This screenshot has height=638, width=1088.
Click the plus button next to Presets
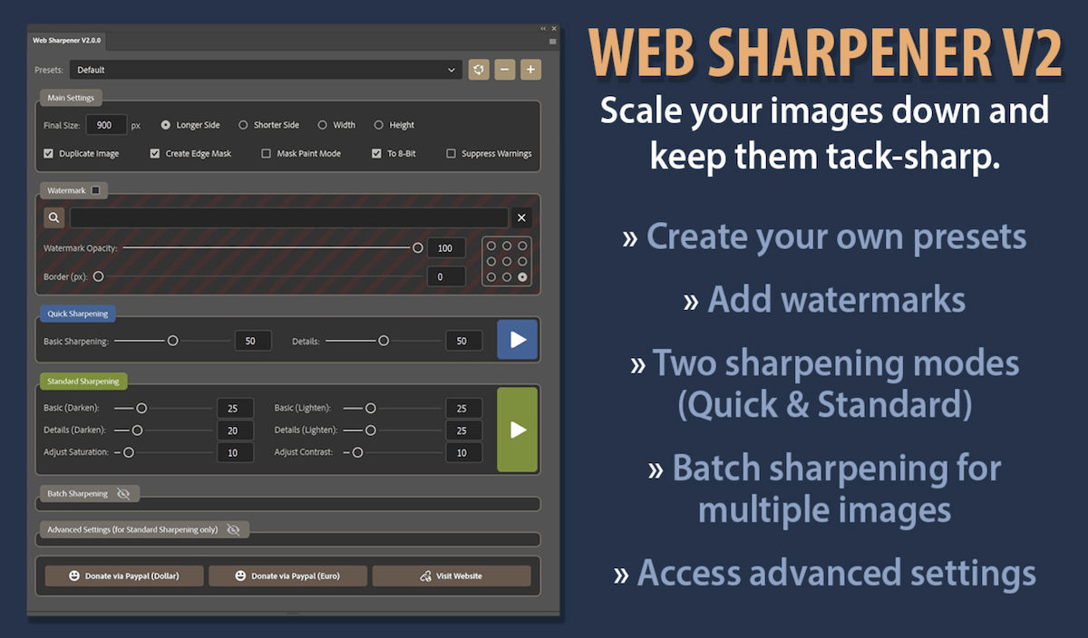pos(531,70)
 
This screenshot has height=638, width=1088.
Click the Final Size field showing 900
pos(105,125)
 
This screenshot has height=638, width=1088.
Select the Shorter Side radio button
pos(243,125)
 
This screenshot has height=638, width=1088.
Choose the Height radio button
pos(379,125)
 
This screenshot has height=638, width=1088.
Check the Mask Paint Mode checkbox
pos(267,154)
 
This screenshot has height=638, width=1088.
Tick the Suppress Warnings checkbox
pos(451,154)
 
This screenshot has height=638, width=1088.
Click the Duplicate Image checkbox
pos(48,154)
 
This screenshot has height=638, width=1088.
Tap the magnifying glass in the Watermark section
pos(54,217)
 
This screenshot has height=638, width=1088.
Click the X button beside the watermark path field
pos(521,217)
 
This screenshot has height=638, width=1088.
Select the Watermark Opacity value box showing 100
pos(445,248)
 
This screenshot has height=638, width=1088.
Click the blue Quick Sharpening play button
pos(518,340)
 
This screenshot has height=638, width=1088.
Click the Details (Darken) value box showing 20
pos(235,430)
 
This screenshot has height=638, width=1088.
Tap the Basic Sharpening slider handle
pos(172,341)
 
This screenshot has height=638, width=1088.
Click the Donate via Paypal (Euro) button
pos(287,575)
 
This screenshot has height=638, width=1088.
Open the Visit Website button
pos(451,575)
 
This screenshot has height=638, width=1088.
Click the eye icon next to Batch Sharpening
pos(124,494)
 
